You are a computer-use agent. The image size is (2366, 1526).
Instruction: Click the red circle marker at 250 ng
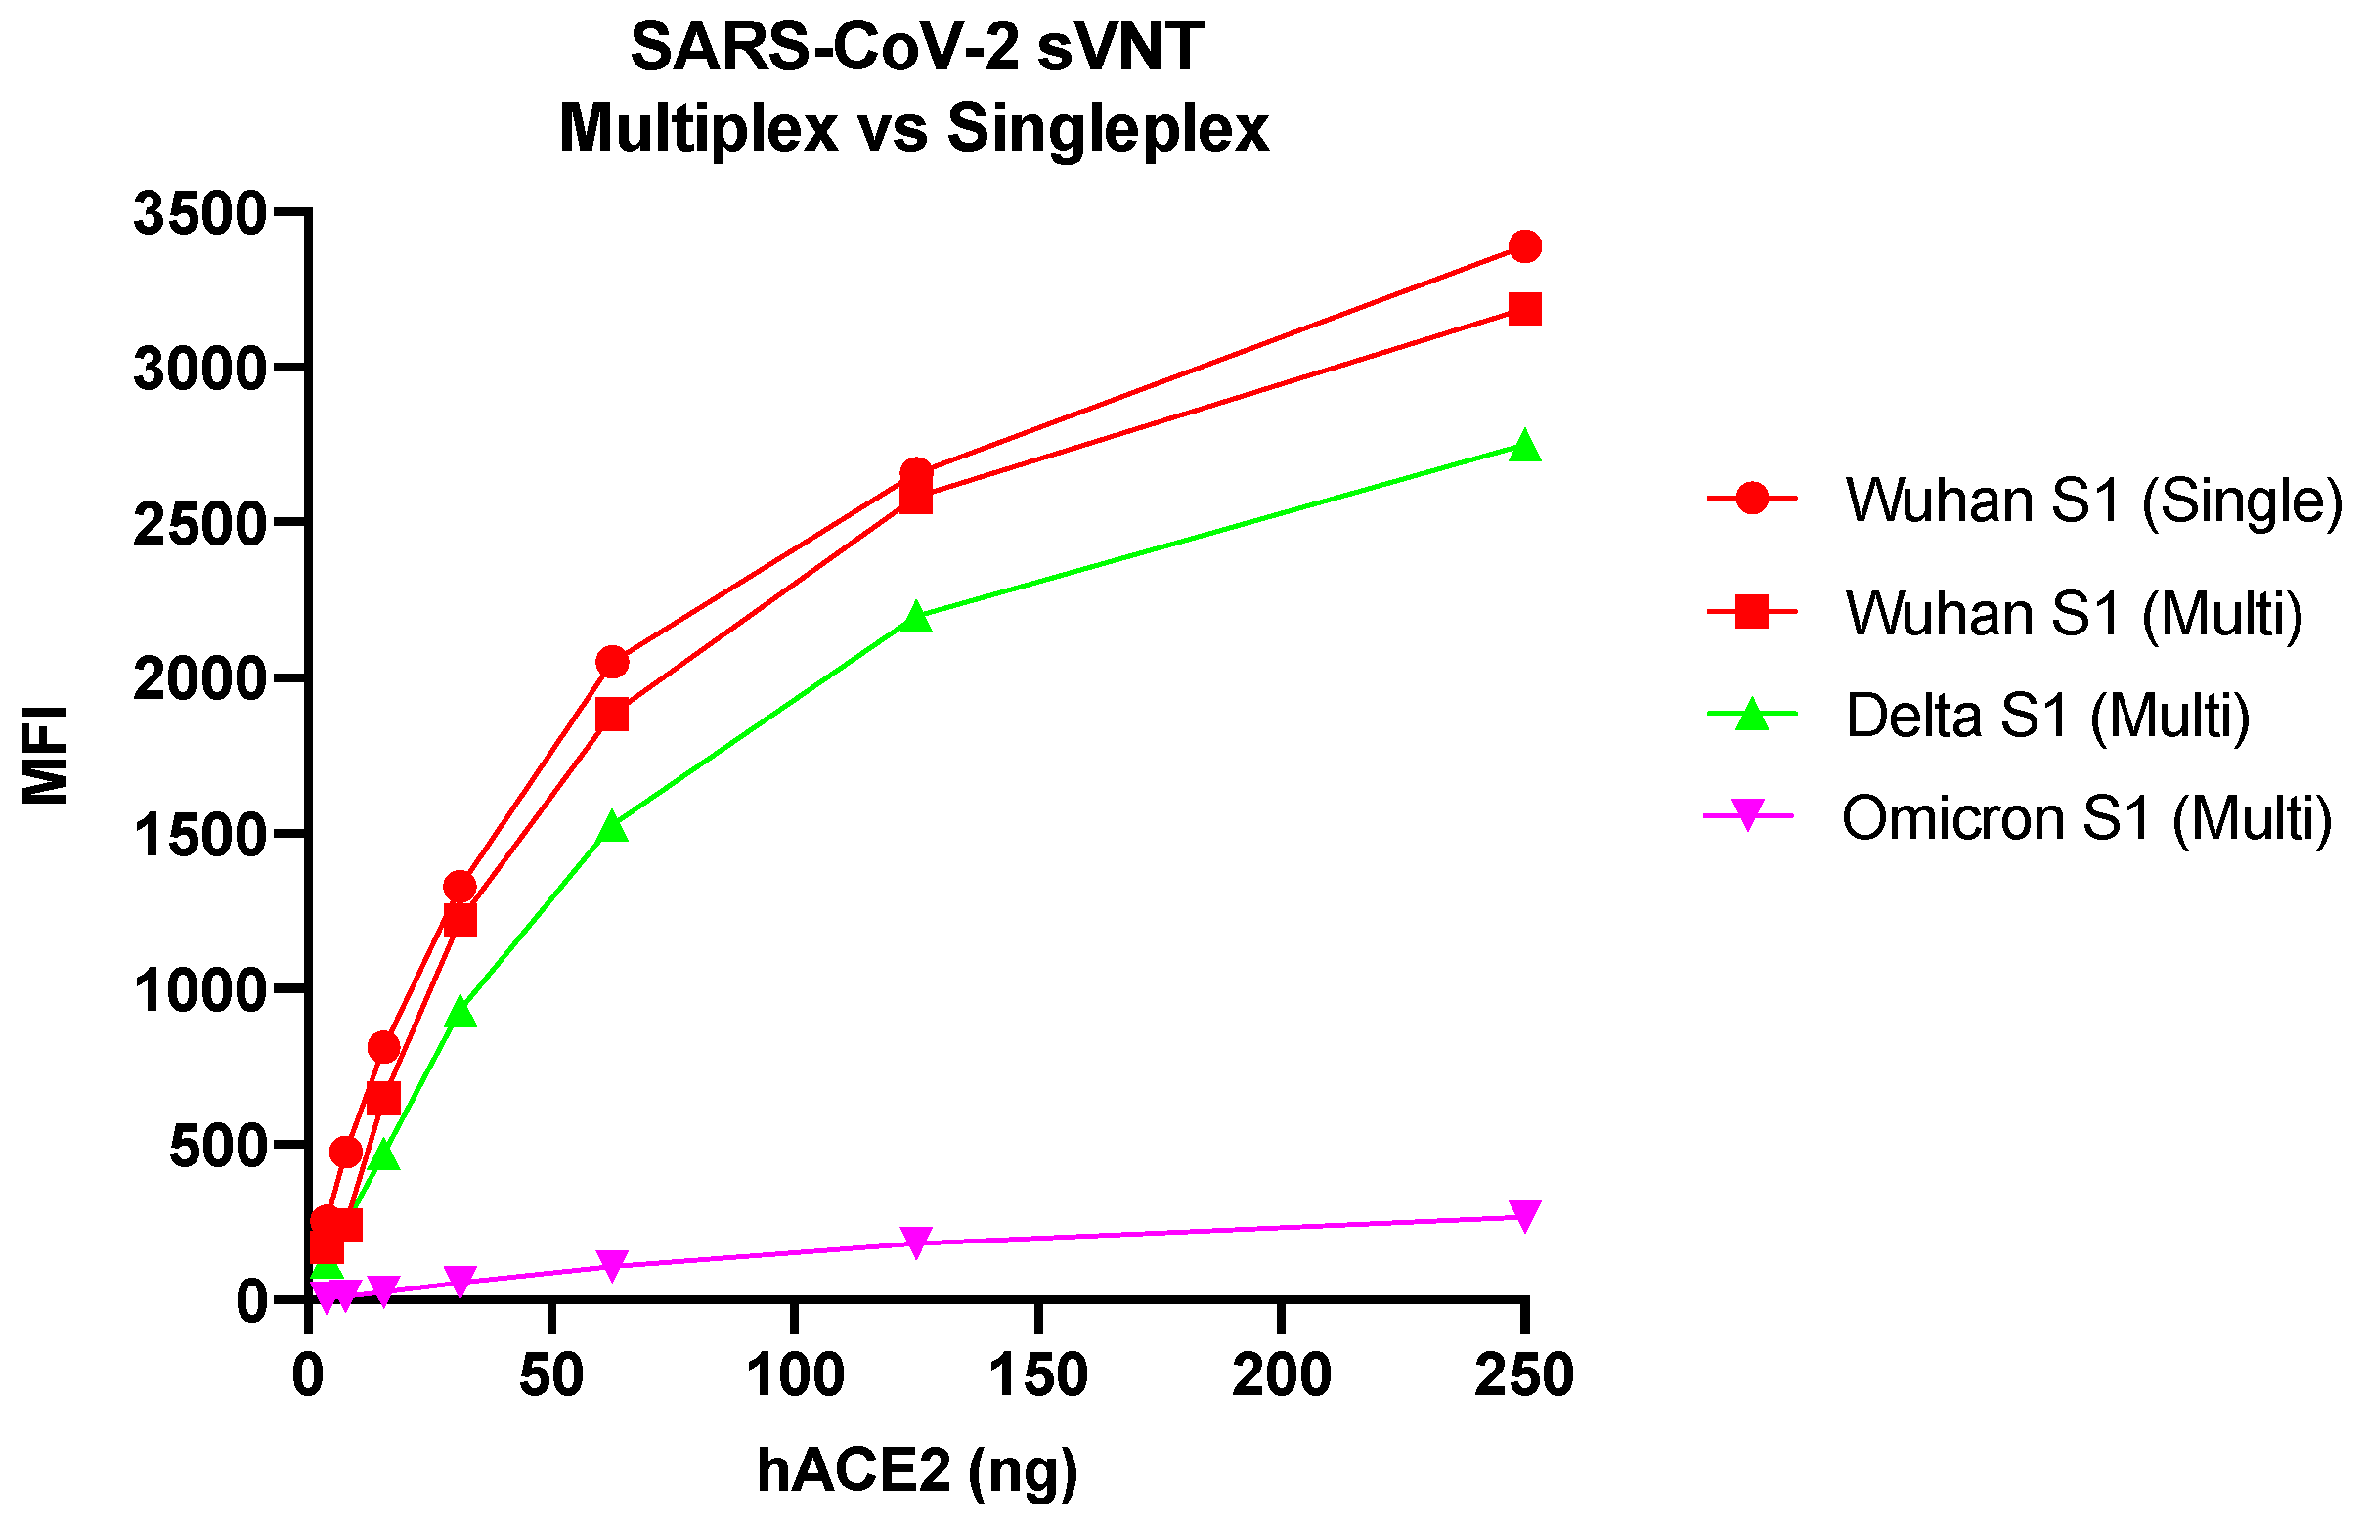click(1525, 245)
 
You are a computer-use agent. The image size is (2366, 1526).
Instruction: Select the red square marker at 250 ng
click(1525, 309)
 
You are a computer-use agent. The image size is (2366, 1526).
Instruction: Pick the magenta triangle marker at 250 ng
click(1525, 1215)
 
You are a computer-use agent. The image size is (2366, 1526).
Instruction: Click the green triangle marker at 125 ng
click(916, 616)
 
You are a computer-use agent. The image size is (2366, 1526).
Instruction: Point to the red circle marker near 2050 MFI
click(612, 662)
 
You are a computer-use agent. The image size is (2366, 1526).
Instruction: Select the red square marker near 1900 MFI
click(612, 715)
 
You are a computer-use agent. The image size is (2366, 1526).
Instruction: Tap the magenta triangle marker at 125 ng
click(916, 1241)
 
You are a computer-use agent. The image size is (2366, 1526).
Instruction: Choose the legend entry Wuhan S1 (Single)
click(2092, 500)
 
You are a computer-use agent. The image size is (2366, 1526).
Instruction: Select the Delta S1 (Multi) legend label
click(2047, 715)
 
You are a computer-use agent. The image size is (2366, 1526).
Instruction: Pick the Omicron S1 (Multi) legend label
click(2086, 817)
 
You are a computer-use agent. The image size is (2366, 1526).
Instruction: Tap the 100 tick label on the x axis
click(795, 1375)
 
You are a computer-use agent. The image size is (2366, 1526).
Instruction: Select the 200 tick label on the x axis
click(1281, 1375)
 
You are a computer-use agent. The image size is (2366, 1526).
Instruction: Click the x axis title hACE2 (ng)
click(917, 1468)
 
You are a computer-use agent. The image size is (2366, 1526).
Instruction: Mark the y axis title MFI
click(46, 755)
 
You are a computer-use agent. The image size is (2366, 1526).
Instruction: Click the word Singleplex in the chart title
click(1107, 129)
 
